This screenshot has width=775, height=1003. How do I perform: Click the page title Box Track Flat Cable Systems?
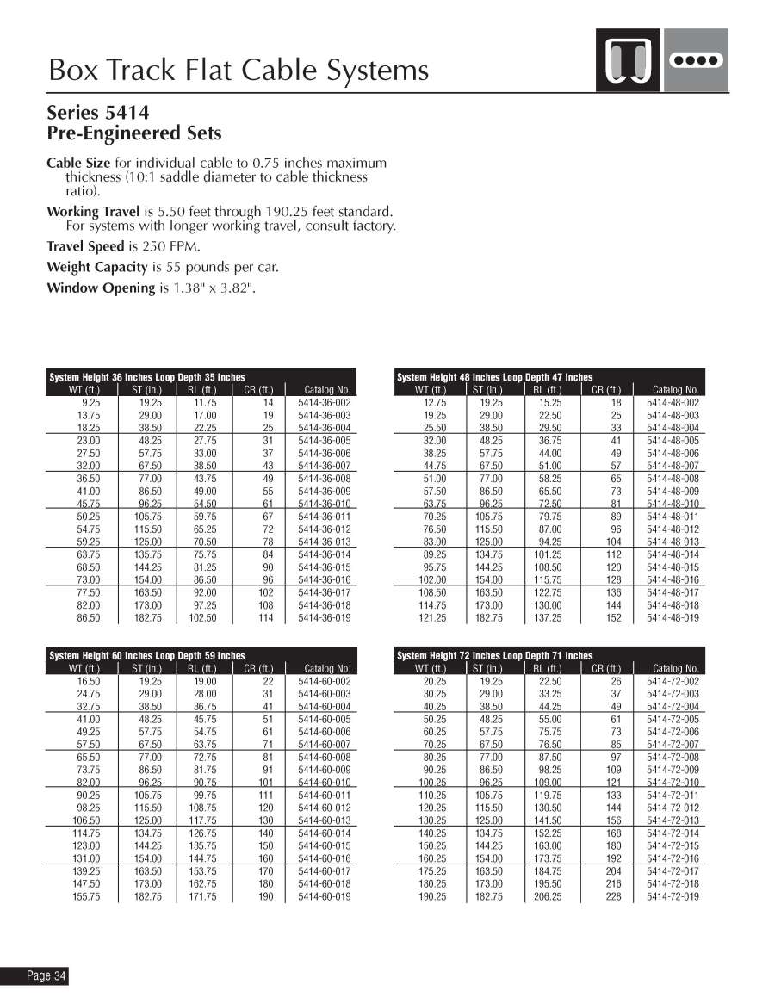[x=239, y=69]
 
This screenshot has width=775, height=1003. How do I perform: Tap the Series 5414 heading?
[x=97, y=112]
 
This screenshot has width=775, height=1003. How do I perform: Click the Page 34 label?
[x=46, y=975]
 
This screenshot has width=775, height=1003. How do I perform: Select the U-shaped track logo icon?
[x=628, y=60]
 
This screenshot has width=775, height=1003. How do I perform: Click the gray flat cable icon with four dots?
[x=697, y=60]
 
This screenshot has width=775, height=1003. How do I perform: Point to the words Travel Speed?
[x=85, y=246]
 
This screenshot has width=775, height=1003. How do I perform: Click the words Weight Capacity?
[x=96, y=267]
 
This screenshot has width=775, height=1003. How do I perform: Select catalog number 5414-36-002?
[x=325, y=402]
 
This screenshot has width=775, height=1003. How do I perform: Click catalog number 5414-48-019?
[x=673, y=617]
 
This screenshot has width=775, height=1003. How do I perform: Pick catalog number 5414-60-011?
[x=325, y=796]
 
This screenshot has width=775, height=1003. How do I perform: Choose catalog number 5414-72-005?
[x=673, y=719]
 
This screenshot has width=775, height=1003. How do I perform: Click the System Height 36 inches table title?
[x=147, y=377]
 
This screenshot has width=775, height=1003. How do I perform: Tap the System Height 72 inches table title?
[x=495, y=656]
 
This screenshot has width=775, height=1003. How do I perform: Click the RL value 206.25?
[x=548, y=896]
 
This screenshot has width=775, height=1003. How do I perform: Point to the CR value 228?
[x=614, y=896]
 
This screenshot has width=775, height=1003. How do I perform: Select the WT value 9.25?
[x=90, y=402]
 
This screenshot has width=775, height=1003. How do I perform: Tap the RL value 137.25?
[x=548, y=617]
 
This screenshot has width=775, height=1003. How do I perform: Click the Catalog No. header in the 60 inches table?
[x=326, y=668]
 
